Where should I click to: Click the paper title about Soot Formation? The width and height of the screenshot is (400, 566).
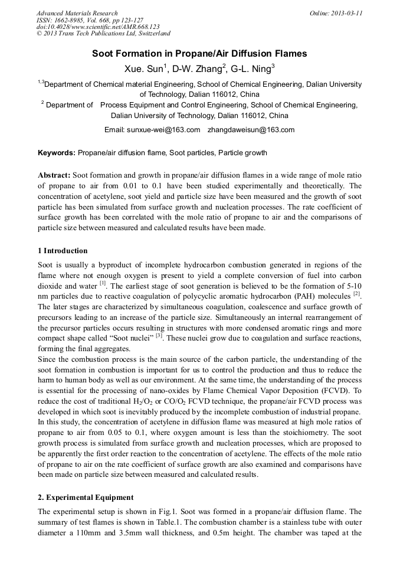199,54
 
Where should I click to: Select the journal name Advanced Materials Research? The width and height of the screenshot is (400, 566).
77,13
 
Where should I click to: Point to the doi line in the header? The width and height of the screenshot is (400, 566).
98,27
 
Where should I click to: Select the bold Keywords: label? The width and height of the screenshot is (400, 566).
57,153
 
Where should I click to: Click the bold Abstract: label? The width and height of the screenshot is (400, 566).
54,176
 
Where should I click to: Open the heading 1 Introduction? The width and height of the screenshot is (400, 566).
63,251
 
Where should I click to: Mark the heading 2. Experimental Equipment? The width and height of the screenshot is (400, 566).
86,497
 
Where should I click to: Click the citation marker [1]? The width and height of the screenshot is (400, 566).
103,283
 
